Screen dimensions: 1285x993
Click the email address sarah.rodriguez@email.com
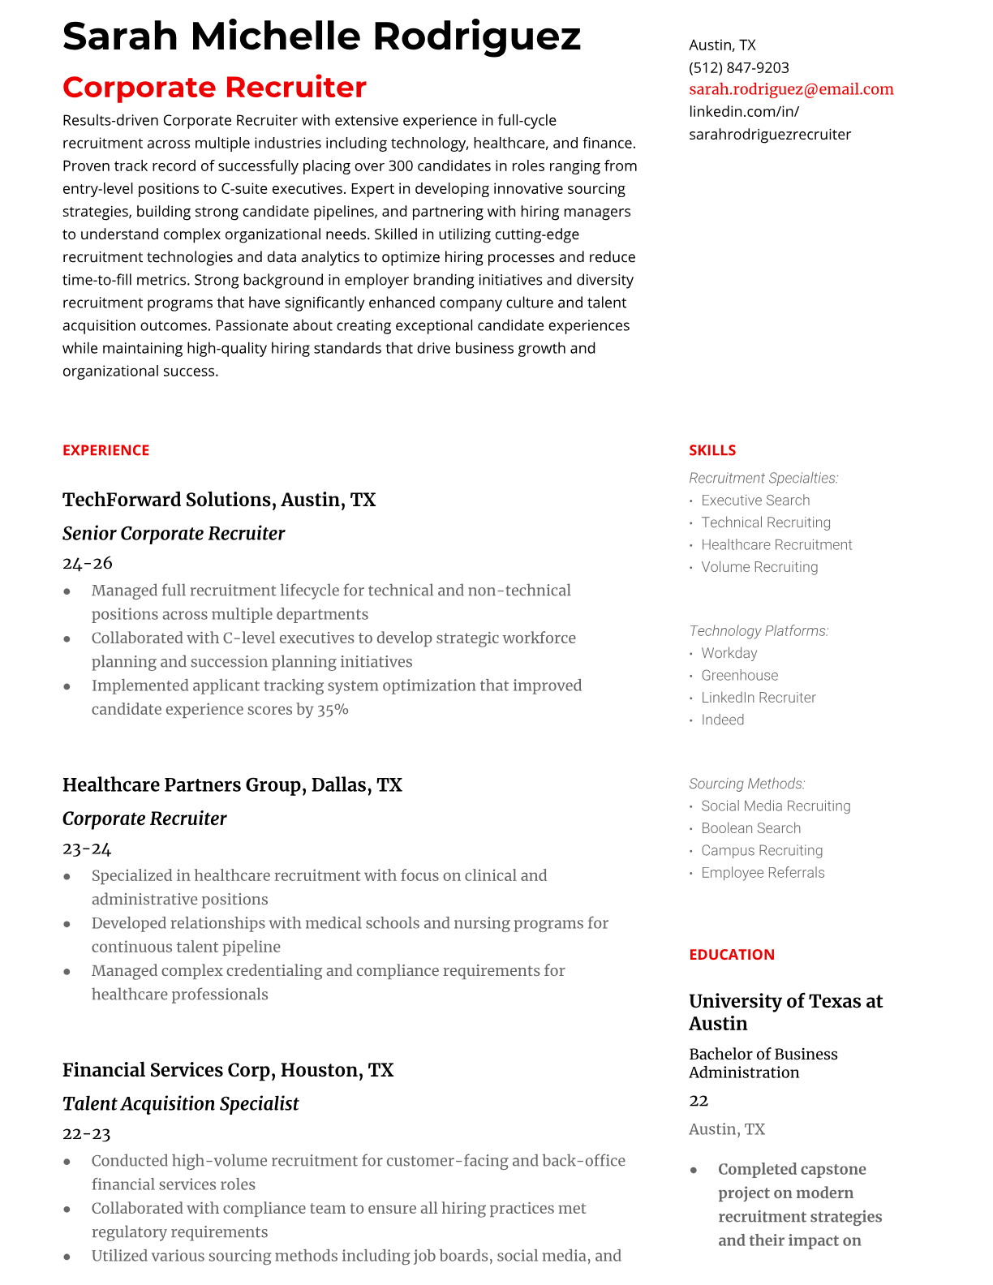point(791,89)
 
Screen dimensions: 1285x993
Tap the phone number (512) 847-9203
point(738,67)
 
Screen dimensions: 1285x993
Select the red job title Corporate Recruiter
point(214,87)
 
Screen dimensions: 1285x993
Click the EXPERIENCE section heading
point(106,450)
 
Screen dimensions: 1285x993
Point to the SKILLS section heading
point(712,450)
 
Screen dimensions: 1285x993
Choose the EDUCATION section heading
point(732,955)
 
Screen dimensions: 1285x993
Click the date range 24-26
point(88,563)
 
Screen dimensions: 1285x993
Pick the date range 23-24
point(87,849)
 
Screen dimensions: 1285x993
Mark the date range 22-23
point(87,1134)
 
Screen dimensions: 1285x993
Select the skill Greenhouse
point(739,675)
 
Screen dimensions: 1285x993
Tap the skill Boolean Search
point(750,828)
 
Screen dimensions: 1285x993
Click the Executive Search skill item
point(755,501)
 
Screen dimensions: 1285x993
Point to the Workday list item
point(729,653)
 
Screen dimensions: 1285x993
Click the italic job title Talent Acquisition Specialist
point(181,1104)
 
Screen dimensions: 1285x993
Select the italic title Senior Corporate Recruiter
point(174,534)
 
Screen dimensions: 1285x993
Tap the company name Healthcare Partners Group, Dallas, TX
point(232,785)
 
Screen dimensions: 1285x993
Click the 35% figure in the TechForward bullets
point(333,710)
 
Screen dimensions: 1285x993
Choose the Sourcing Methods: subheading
point(746,784)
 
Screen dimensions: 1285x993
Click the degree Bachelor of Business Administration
point(763,1063)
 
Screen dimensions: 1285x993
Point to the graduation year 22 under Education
point(699,1101)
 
